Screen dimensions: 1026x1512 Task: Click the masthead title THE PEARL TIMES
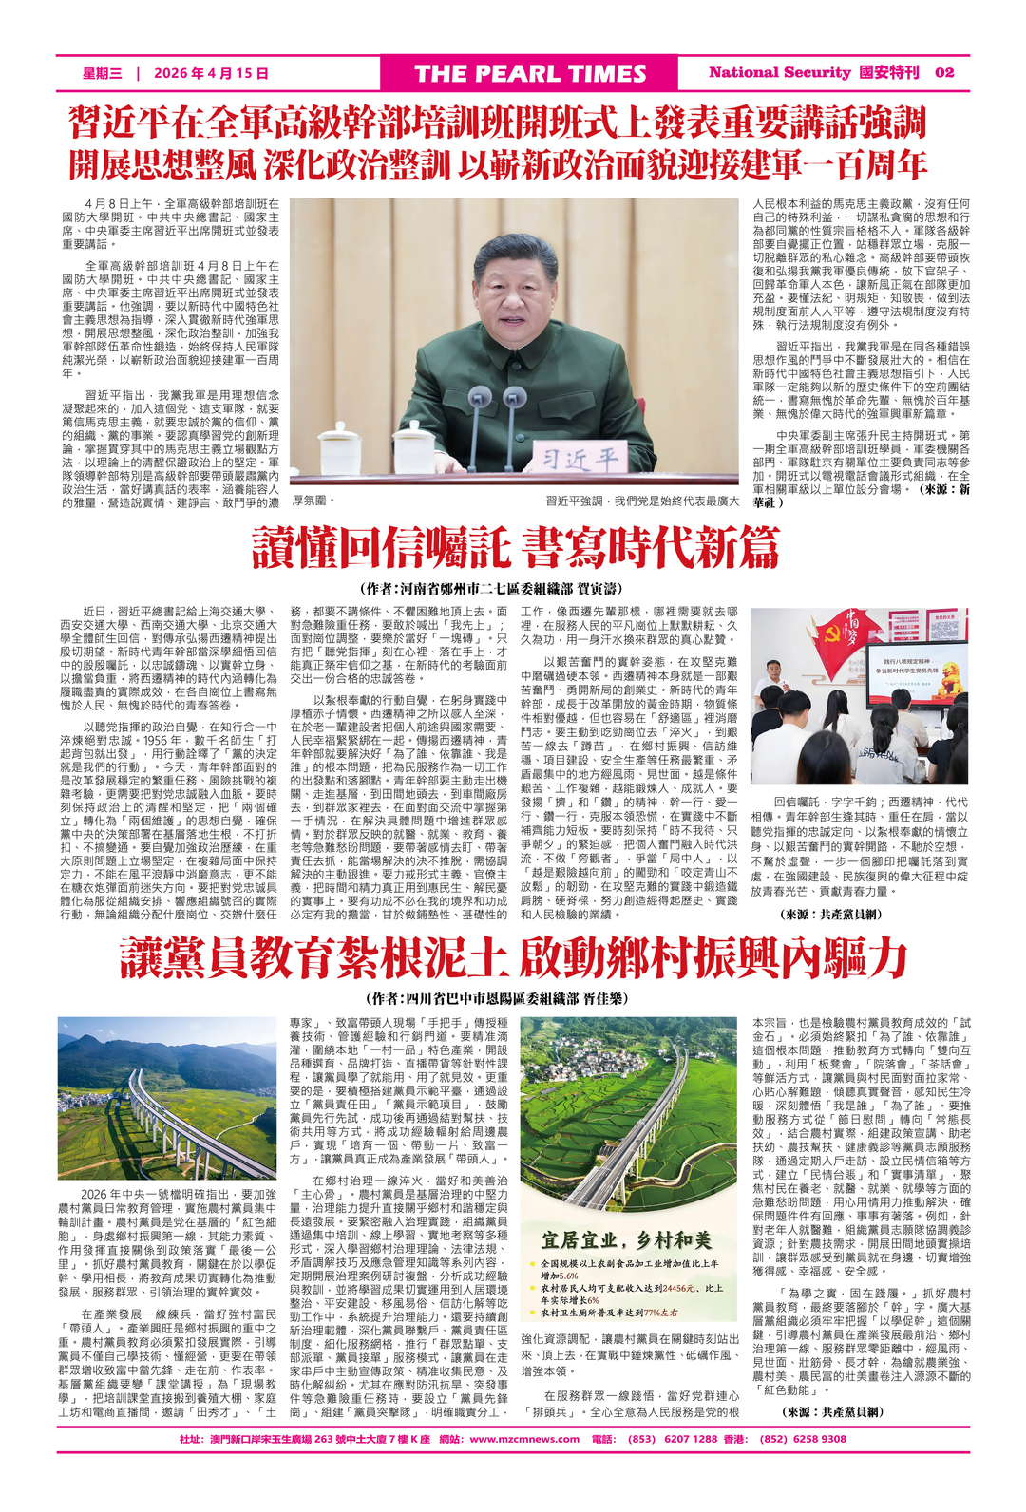coord(530,74)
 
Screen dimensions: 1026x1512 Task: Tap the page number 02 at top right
coord(944,72)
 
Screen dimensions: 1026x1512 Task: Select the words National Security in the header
coord(779,72)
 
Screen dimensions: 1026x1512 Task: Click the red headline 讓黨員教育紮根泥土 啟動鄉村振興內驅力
coord(513,957)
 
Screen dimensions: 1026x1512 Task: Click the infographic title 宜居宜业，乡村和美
coord(626,1240)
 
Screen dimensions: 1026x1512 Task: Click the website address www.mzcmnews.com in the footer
coord(524,1439)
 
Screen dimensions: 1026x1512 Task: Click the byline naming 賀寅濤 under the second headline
coord(513,589)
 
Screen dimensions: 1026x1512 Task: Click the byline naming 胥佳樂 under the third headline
coord(513,999)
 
